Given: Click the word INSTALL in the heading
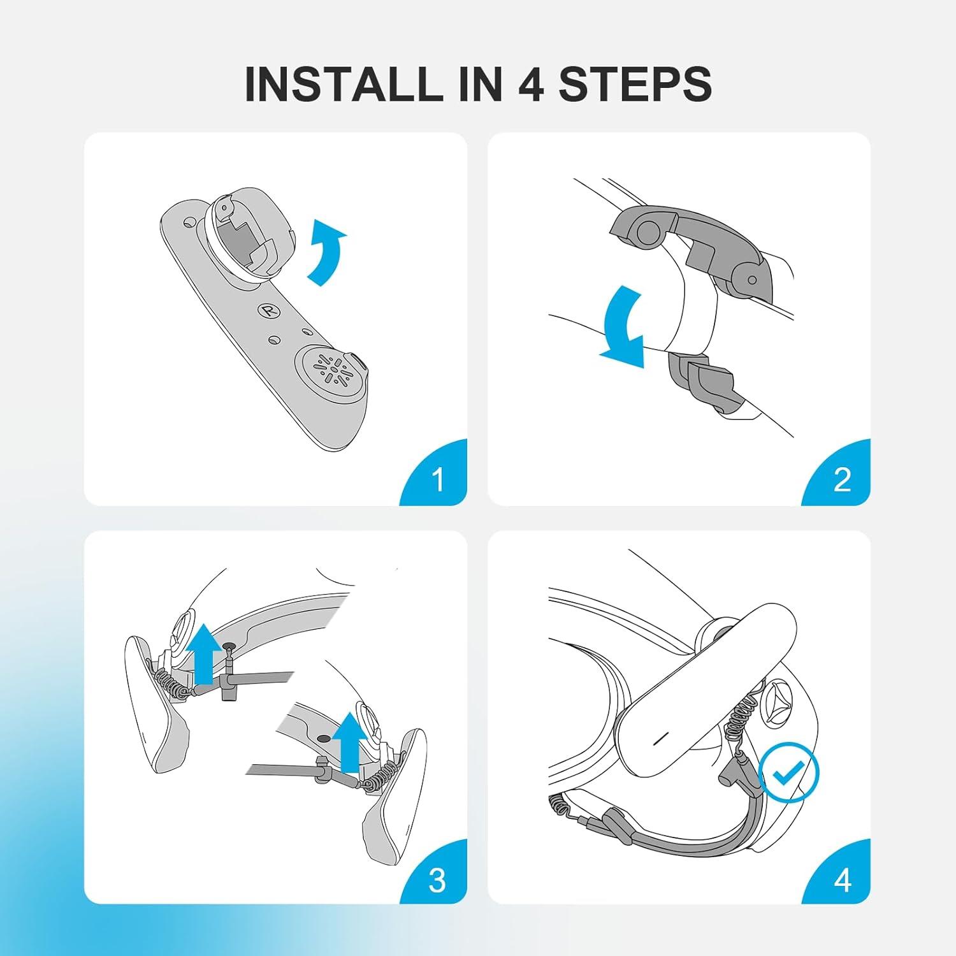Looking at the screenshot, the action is click(x=342, y=83).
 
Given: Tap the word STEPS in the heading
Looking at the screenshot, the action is click(x=635, y=83).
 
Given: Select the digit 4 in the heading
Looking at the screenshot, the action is click(x=530, y=83).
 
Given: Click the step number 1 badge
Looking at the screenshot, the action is click(x=435, y=474).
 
